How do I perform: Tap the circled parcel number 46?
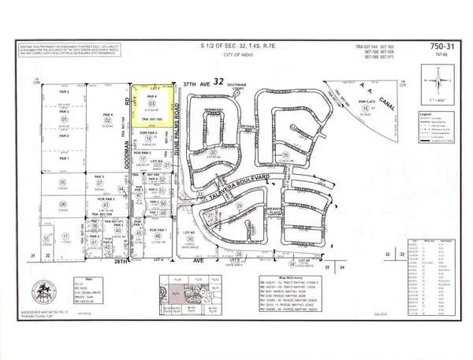(x=158, y=236)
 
